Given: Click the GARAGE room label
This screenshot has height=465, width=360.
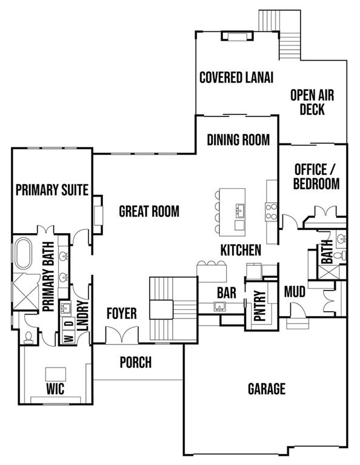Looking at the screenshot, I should click(266, 389).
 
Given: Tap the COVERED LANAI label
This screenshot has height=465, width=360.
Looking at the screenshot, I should click(236, 77).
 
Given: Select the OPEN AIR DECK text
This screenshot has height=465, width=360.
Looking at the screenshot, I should click(312, 102).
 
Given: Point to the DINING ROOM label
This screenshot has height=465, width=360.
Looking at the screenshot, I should click(238, 140).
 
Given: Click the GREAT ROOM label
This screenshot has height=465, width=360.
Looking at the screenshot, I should click(149, 211).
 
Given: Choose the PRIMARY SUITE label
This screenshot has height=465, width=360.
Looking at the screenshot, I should click(52, 190).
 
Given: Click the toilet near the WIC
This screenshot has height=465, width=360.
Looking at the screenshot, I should click(28, 337).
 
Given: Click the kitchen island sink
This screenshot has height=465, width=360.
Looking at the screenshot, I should click(240, 210).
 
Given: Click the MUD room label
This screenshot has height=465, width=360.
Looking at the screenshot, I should click(295, 292).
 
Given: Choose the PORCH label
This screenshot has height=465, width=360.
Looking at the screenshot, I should click(135, 363).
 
